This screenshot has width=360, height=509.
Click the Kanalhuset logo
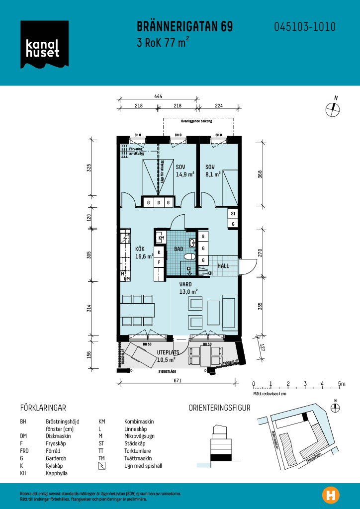[42, 45]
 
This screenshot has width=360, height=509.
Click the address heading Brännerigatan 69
[184, 27]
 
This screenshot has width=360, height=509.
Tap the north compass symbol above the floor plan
[332, 108]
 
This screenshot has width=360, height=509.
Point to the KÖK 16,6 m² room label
[144, 253]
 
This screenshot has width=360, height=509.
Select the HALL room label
[223, 266]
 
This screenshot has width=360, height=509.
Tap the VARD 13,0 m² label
[188, 288]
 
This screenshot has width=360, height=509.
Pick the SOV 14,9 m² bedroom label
[184, 170]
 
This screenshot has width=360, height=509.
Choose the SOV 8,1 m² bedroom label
[213, 170]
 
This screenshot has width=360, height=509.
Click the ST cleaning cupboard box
[233, 214]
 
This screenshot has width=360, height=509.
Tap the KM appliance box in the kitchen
[161, 238]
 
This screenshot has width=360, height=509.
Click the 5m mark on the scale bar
[341, 384]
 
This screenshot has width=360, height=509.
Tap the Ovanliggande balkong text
[196, 121]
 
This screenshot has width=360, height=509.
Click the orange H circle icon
[330, 495]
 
